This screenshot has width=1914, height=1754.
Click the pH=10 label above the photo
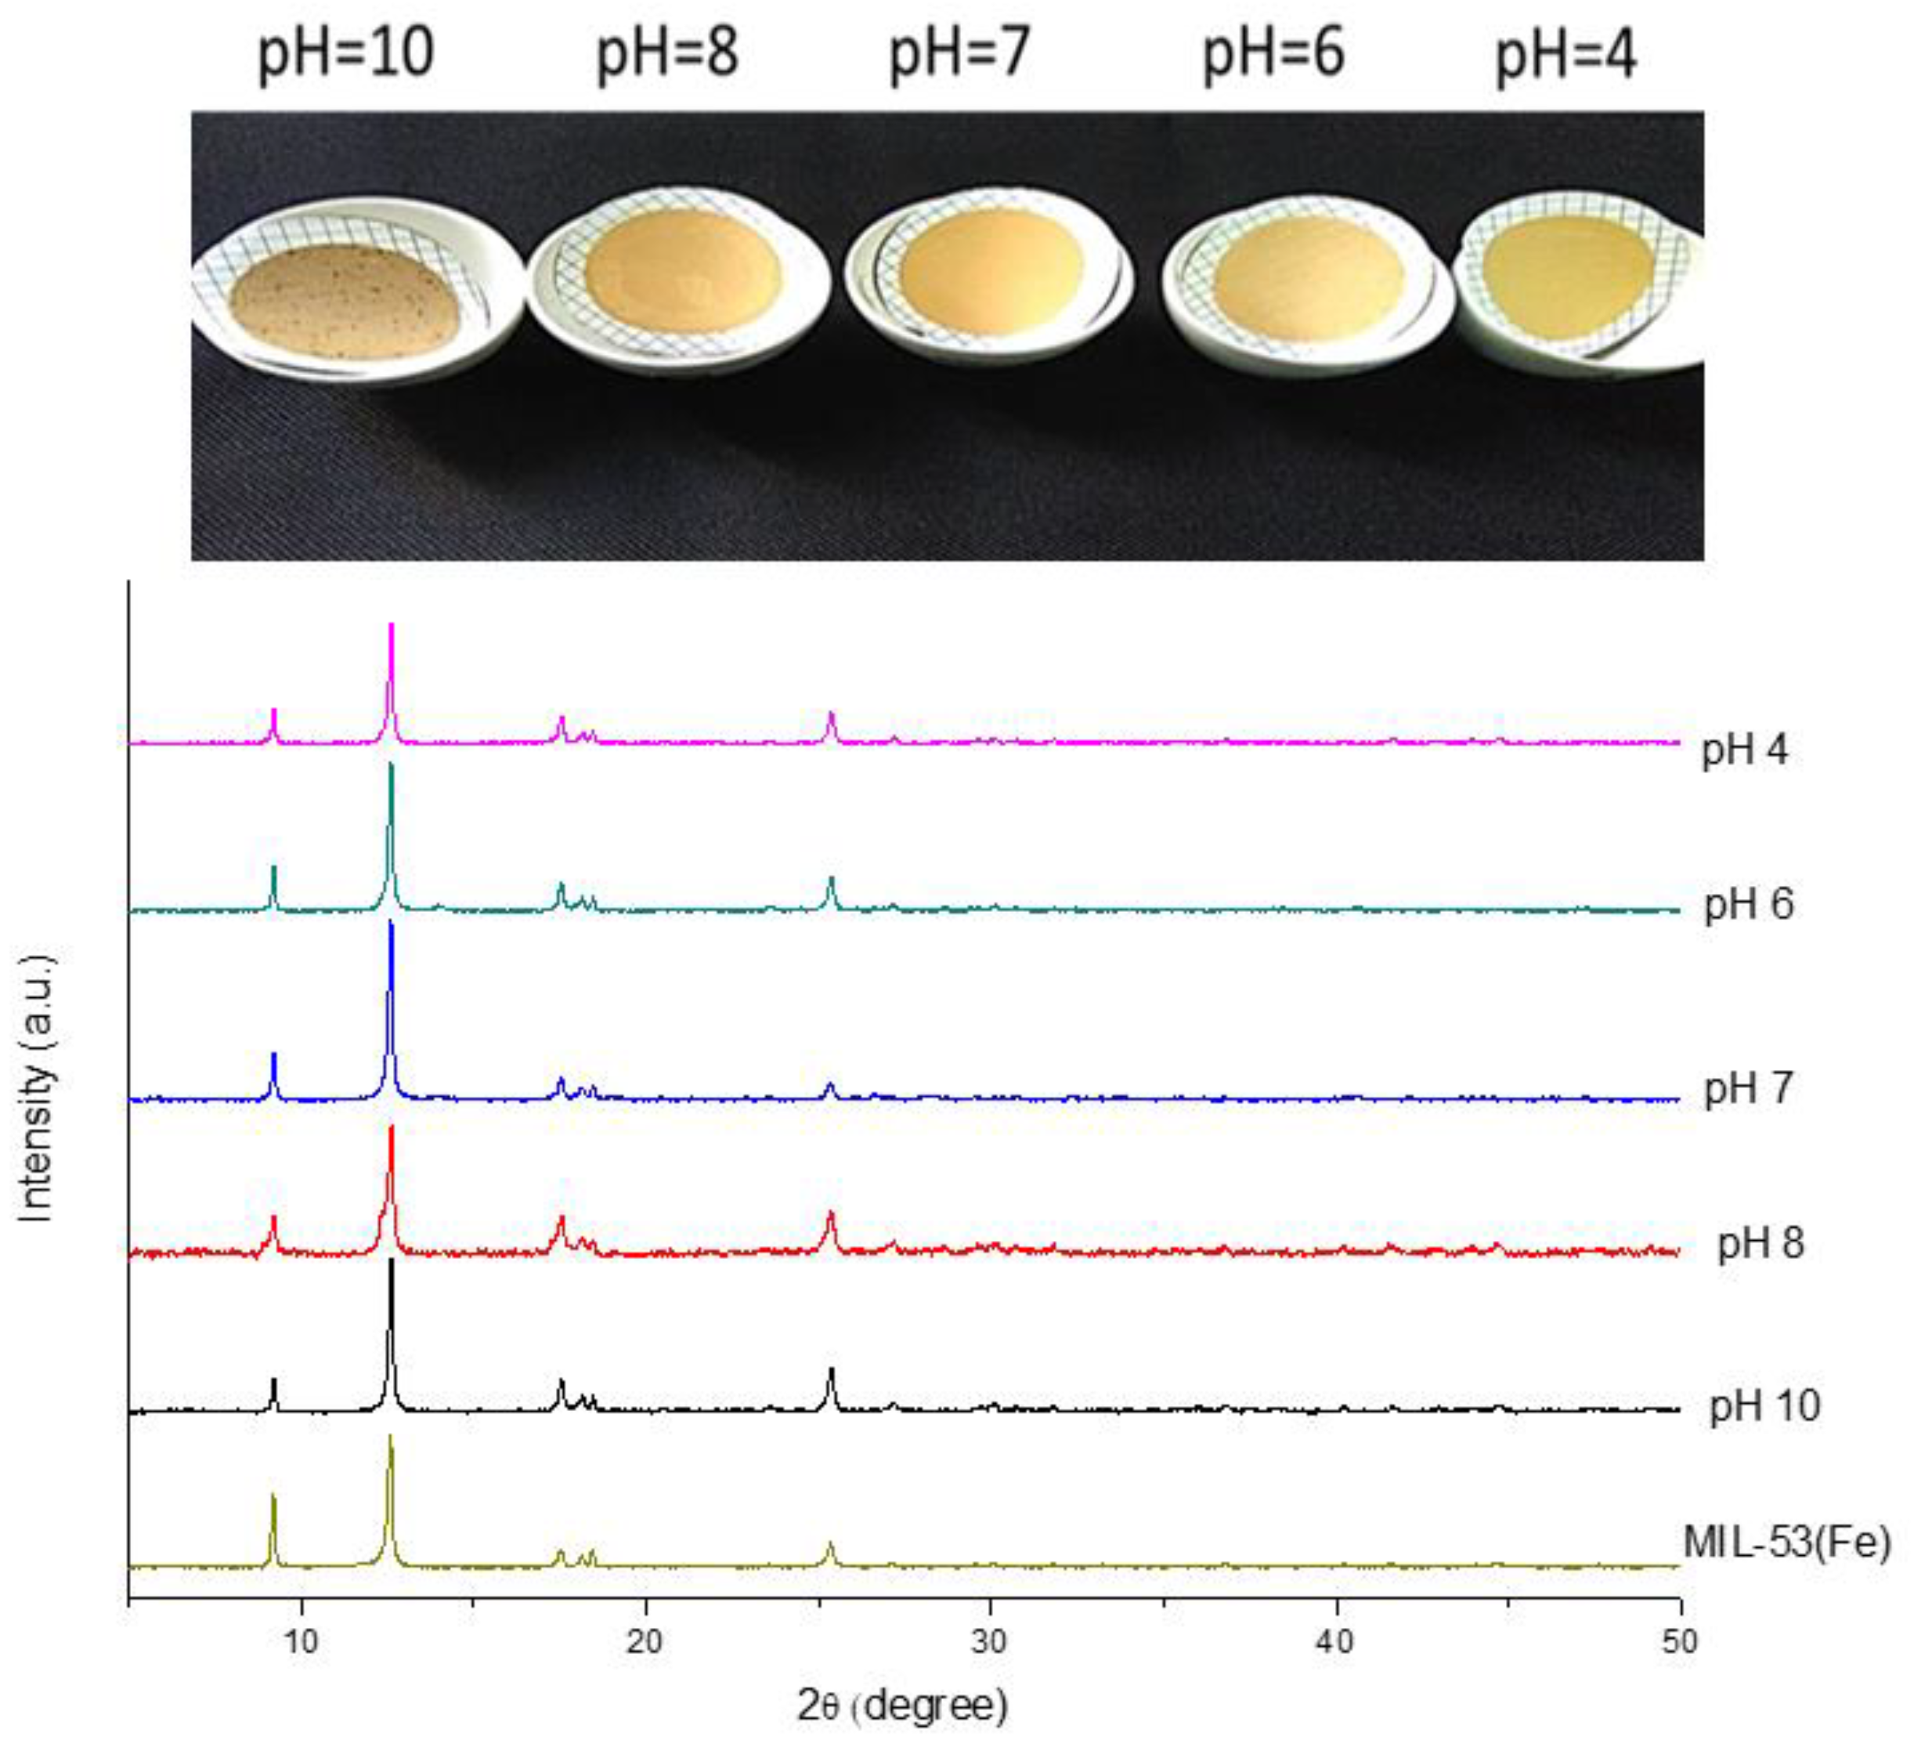(345, 52)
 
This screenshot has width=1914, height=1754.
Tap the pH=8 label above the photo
(666, 52)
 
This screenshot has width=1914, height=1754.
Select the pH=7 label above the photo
(959, 52)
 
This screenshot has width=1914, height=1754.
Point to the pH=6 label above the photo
(1273, 52)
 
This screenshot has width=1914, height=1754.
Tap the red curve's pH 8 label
(1759, 1244)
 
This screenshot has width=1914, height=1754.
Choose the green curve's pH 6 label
(1749, 904)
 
